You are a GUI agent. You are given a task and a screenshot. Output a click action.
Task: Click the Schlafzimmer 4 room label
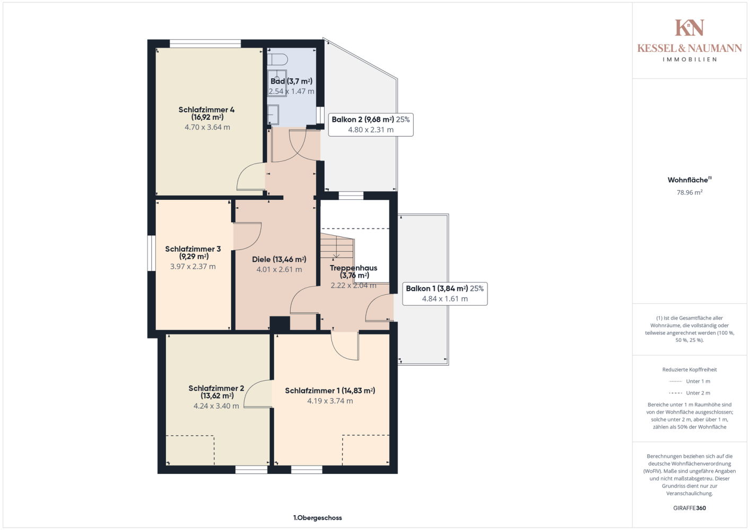point(206,113)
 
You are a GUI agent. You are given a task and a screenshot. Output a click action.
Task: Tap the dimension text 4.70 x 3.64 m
point(207,127)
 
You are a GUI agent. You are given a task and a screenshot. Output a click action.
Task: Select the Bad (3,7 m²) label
point(291,81)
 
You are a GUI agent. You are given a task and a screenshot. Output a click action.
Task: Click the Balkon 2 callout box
point(371,125)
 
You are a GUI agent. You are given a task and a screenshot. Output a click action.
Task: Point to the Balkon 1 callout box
point(444,294)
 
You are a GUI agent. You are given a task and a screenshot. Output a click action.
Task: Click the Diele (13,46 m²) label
point(279,259)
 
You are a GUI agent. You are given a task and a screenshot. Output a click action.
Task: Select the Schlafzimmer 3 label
point(193,253)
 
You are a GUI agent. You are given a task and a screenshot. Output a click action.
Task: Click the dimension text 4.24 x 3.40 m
point(216,406)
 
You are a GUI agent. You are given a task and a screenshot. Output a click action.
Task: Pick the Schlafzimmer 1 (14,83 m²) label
point(330,391)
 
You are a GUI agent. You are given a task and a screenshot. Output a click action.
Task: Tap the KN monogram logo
point(690,28)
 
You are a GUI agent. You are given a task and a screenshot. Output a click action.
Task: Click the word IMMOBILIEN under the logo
point(690,59)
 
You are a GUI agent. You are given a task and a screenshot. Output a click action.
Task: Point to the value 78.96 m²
point(690,192)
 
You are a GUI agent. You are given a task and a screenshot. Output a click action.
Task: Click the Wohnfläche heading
point(690,180)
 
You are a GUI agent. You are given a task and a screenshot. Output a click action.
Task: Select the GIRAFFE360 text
point(690,508)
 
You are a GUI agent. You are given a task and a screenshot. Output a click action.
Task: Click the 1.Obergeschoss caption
point(317,518)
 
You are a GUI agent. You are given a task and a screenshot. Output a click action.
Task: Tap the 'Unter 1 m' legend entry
point(690,381)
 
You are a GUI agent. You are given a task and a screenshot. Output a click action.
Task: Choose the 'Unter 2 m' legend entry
point(690,393)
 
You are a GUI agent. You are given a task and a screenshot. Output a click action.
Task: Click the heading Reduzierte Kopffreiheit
point(690,369)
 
